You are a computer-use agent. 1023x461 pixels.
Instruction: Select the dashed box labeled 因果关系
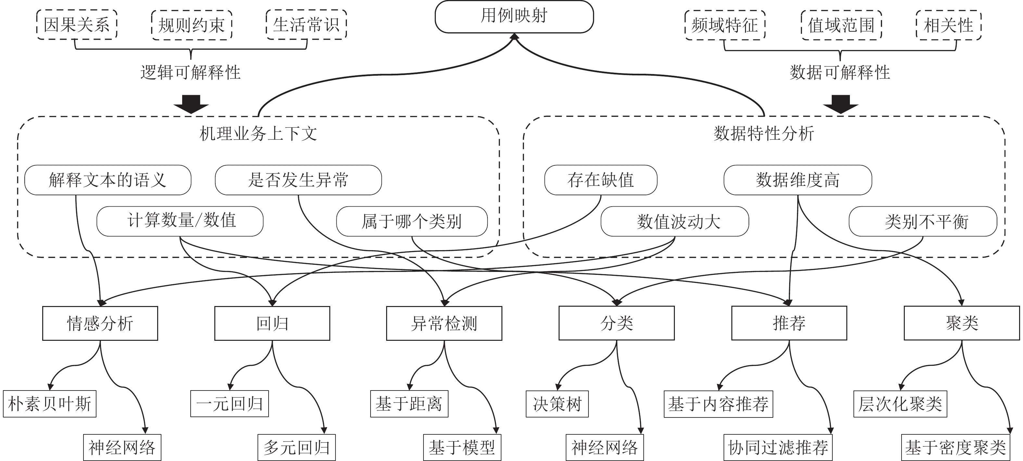(77, 25)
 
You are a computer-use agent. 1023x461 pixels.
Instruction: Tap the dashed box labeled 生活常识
(306, 25)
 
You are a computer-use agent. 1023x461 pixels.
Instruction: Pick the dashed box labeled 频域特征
(725, 25)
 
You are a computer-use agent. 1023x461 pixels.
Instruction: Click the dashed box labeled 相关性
(948, 25)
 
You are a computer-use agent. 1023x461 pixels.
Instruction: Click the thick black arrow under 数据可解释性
(840, 104)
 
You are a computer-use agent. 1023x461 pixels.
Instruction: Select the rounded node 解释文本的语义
(107, 180)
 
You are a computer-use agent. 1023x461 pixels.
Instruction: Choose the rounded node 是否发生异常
(298, 180)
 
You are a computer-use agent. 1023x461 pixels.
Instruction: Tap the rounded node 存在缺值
(600, 180)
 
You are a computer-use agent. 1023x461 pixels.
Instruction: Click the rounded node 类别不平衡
(923, 221)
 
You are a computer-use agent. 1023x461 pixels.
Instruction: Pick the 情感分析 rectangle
(100, 323)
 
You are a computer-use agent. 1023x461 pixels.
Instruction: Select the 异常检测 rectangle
(444, 323)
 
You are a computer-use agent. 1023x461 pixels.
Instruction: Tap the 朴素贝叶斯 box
(50, 404)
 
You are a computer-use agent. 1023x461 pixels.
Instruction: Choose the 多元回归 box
(297, 447)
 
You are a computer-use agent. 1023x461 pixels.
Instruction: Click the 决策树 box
(557, 404)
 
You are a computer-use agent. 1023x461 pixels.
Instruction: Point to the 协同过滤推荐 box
(778, 447)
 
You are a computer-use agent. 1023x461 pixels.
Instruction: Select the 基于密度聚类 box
(955, 447)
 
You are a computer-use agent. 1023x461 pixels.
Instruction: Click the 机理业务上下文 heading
(258, 134)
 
